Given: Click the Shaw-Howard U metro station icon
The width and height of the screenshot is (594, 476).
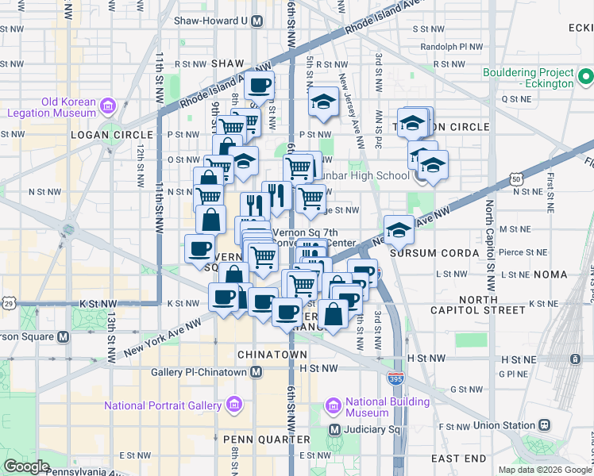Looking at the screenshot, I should (256, 22).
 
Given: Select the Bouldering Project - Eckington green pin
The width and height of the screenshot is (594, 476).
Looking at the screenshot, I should (585, 78).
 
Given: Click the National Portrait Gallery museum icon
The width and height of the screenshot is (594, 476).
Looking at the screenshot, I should (233, 406).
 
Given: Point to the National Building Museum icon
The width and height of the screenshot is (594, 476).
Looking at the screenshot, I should (334, 407).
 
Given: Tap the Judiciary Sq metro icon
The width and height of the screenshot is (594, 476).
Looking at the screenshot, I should (334, 430).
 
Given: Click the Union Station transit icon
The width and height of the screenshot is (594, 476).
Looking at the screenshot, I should (544, 426).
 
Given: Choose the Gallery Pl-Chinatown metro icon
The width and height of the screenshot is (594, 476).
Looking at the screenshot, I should (256, 371).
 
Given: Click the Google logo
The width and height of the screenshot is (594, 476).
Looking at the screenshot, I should (25, 466).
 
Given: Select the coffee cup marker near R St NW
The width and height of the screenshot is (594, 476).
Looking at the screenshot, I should (260, 85).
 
